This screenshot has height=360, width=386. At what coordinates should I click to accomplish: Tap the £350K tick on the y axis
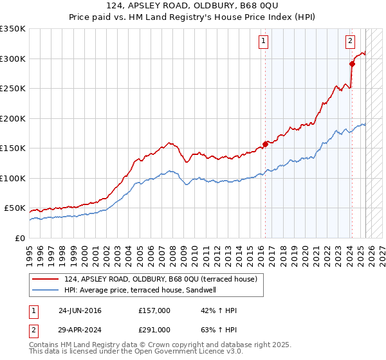click(x=13, y=29)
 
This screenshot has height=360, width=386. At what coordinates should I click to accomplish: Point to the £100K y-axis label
click(x=13, y=178)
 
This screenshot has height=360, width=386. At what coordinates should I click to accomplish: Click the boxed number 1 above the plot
click(x=264, y=41)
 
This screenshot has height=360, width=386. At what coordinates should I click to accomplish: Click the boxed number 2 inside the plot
click(x=350, y=41)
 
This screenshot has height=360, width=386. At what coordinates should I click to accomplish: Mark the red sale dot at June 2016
click(x=265, y=145)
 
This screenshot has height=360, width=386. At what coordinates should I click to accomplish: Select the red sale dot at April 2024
click(x=352, y=64)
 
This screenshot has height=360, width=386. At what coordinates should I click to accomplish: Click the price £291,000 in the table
click(x=154, y=329)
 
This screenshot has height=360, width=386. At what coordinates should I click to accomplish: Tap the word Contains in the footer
click(x=44, y=345)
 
